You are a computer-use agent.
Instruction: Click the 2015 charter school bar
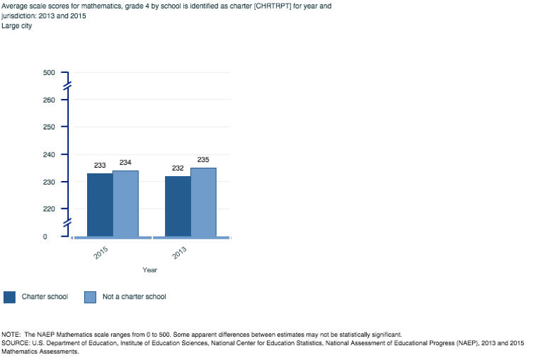(x=100, y=205)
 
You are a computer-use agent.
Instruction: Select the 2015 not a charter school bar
(x=126, y=204)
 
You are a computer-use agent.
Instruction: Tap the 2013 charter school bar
(x=178, y=206)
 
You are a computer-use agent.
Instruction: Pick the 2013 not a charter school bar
(x=204, y=202)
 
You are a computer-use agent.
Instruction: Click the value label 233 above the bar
(x=100, y=166)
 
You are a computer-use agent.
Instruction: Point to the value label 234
(x=126, y=163)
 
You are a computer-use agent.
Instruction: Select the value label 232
(x=178, y=168)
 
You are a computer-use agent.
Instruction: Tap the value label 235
(x=204, y=160)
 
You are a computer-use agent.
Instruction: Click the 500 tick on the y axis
(x=48, y=72)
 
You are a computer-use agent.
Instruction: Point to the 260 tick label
(x=48, y=100)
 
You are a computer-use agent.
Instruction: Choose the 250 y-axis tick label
(x=48, y=127)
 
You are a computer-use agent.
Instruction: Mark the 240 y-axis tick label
(x=48, y=154)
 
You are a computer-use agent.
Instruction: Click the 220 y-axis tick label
(x=48, y=209)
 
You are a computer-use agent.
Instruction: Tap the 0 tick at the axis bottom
(x=45, y=236)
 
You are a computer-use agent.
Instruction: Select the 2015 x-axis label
(x=101, y=253)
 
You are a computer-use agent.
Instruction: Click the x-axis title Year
(x=150, y=269)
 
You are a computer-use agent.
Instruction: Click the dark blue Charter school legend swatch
(x=10, y=297)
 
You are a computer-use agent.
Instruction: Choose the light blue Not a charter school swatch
(x=90, y=297)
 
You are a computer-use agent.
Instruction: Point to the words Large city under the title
(x=18, y=27)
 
